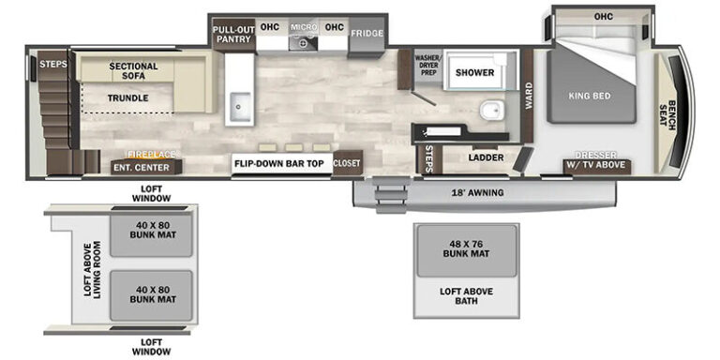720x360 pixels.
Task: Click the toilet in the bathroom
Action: click(492, 111)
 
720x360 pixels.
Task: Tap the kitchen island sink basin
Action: click(240, 106)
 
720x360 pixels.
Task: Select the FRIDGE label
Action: click(367, 34)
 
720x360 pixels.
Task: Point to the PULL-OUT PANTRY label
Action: click(233, 34)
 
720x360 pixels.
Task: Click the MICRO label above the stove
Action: click(303, 27)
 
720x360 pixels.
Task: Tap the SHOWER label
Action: click(474, 72)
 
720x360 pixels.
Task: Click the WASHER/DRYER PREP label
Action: click(427, 66)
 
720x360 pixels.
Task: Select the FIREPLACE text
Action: click(151, 155)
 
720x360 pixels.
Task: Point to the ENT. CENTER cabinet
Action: click(146, 167)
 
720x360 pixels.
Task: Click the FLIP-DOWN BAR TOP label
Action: click(279, 163)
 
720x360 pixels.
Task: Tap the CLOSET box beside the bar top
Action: click(347, 163)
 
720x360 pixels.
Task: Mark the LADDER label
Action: click(487, 157)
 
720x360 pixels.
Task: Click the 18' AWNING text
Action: click(477, 193)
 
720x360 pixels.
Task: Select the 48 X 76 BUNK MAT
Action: click(467, 251)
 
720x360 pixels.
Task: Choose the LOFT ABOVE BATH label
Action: click(466, 296)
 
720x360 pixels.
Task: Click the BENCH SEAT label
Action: click(668, 114)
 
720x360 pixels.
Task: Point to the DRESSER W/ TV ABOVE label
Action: click(597, 160)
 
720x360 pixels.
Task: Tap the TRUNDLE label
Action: click(127, 97)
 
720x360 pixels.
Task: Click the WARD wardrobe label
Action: click(529, 96)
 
